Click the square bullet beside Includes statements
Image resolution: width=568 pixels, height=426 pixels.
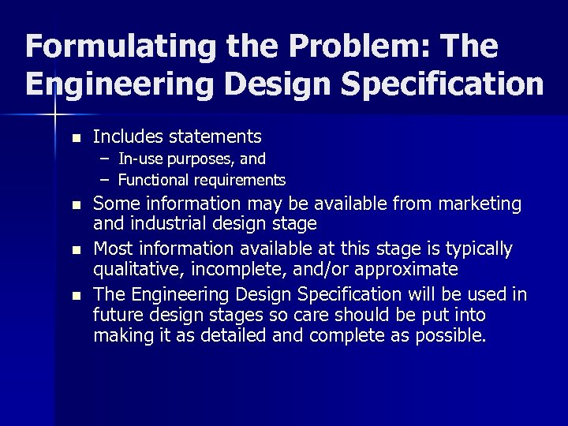76,138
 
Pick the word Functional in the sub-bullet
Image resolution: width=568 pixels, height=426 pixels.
152,180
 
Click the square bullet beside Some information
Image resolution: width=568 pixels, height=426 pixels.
76,206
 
